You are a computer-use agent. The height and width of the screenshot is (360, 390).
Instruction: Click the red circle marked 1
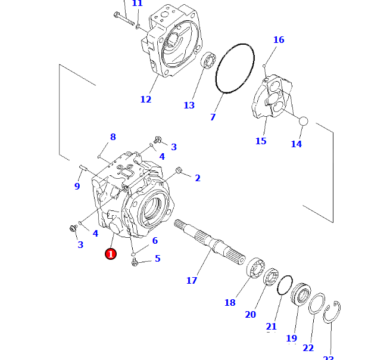pyautogui.click(x=110, y=254)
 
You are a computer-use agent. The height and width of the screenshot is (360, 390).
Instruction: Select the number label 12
pyautogui.click(x=146, y=100)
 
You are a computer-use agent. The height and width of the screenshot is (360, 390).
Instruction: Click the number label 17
pyautogui.click(x=191, y=280)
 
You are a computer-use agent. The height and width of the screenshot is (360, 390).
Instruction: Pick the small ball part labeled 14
pyautogui.click(x=302, y=121)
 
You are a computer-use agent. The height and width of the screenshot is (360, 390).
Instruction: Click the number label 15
pyautogui.click(x=261, y=141)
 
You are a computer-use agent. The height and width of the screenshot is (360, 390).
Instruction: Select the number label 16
pyautogui.click(x=279, y=40)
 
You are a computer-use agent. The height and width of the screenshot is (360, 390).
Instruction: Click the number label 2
pyautogui.click(x=198, y=178)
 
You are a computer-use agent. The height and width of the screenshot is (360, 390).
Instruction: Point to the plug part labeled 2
pyautogui.click(x=179, y=172)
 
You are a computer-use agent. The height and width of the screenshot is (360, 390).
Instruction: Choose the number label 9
pyautogui.click(x=77, y=187)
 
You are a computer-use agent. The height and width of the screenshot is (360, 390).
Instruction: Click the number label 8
pyautogui.click(x=113, y=137)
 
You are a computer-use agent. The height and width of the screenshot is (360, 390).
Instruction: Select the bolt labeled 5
pyautogui.click(x=136, y=262)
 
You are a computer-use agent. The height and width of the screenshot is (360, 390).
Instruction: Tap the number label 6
pyautogui.click(x=155, y=241)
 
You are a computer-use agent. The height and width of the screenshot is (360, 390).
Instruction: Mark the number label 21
pyautogui.click(x=272, y=327)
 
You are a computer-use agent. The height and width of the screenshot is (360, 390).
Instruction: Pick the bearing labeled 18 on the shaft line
pyautogui.click(x=257, y=269)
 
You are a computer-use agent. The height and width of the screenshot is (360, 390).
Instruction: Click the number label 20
pyautogui.click(x=250, y=314)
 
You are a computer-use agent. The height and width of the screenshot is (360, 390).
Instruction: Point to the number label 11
pyautogui.click(x=137, y=4)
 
